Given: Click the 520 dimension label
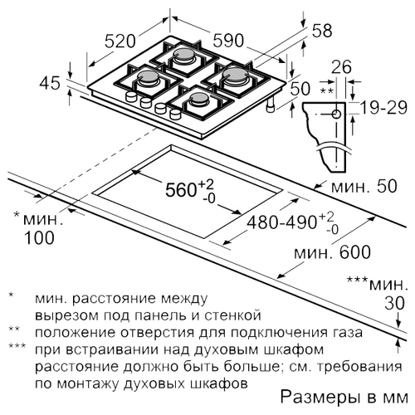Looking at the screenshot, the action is click(120, 41).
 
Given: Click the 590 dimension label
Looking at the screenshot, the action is click(228, 41).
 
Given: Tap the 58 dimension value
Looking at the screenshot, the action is click(322, 31).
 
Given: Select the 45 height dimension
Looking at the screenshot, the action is click(50, 83).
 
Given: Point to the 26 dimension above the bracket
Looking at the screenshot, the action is click(341, 66).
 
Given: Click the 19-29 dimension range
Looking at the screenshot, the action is click(384, 108).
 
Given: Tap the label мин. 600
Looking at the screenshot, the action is click(332, 252).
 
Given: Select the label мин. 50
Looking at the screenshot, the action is click(364, 186).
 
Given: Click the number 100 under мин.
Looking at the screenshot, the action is click(39, 237).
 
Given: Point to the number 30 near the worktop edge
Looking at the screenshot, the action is click(395, 303).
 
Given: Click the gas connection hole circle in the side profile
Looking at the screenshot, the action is click(336, 114).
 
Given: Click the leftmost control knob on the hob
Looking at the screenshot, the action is click(131, 96).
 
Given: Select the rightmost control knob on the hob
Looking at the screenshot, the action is click(175, 114).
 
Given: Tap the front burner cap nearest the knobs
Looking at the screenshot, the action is click(198, 97).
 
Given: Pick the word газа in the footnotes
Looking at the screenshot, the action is click(348, 333).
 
